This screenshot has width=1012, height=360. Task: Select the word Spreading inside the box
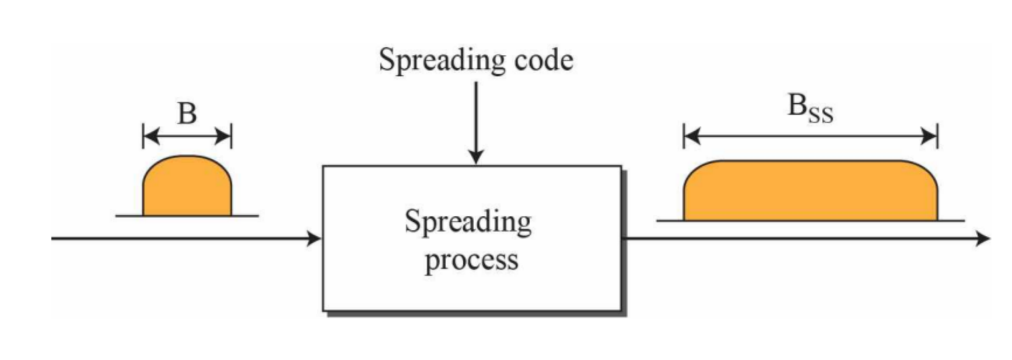click(x=468, y=222)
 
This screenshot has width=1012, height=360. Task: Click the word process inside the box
click(x=471, y=260)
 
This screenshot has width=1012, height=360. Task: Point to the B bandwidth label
click(x=187, y=113)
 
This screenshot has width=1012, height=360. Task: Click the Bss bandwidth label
click(x=810, y=108)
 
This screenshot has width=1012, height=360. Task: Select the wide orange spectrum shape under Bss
click(x=810, y=191)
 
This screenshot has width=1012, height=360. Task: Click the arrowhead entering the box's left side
click(x=314, y=238)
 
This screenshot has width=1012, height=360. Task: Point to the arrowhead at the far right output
click(x=983, y=238)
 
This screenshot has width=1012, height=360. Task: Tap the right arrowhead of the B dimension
click(x=224, y=137)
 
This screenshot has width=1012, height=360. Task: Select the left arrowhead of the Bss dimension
click(x=692, y=137)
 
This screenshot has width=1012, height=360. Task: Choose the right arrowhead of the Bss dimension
click(x=930, y=137)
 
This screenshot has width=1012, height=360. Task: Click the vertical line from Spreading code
click(x=476, y=117)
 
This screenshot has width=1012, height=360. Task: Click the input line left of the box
click(x=175, y=238)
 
